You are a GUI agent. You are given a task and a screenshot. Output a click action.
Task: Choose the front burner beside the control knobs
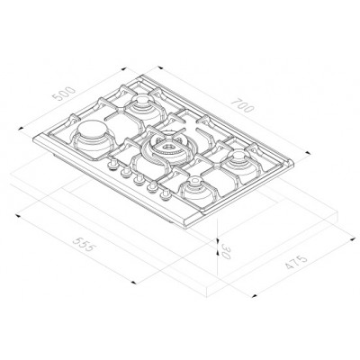point(195,192)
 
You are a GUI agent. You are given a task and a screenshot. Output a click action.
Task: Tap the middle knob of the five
point(139,181)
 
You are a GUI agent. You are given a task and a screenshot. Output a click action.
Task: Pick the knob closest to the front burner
point(166,192)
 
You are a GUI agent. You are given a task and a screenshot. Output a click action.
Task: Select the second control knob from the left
point(126,175)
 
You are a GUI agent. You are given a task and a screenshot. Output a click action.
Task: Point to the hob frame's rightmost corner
point(295,163)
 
